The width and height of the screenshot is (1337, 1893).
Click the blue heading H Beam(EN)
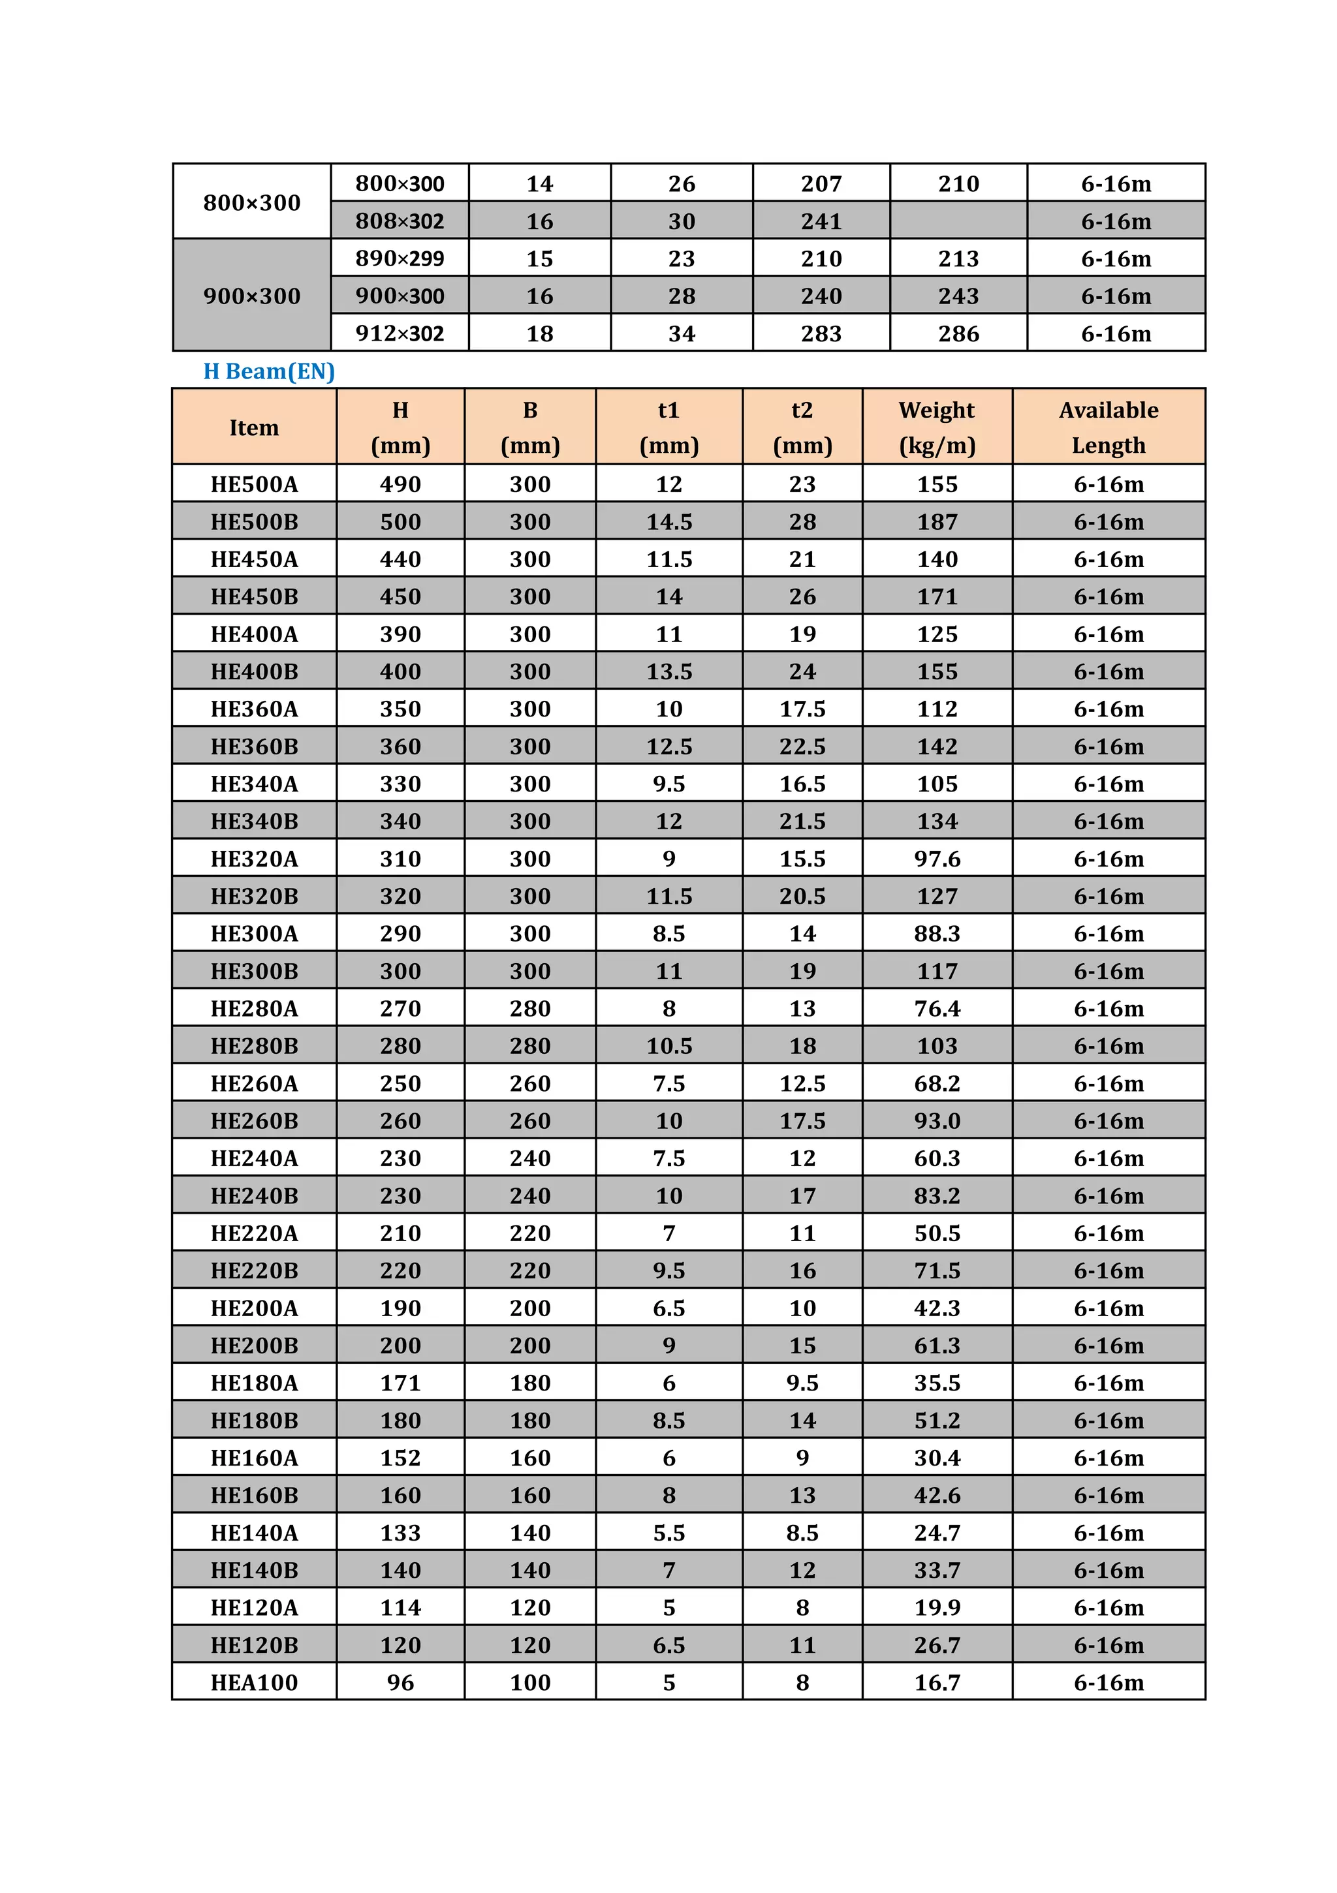269,371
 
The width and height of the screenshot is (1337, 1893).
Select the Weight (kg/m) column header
937,427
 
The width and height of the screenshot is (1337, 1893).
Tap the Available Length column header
1109,427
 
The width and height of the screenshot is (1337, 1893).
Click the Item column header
254,427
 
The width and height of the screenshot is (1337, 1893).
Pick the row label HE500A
254,484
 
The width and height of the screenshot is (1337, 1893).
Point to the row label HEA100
254,1682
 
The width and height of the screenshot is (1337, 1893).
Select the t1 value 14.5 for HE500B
669,522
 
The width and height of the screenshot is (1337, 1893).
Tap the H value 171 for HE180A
400,1383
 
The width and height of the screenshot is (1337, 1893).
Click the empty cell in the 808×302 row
958,221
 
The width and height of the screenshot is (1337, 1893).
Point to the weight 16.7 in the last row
937,1682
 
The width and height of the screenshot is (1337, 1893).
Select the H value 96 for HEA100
400,1682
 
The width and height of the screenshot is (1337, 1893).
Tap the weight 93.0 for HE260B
937,1120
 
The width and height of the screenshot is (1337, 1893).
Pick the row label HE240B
254,1195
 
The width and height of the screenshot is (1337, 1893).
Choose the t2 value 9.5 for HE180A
802,1383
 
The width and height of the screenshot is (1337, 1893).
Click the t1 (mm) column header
669,427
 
